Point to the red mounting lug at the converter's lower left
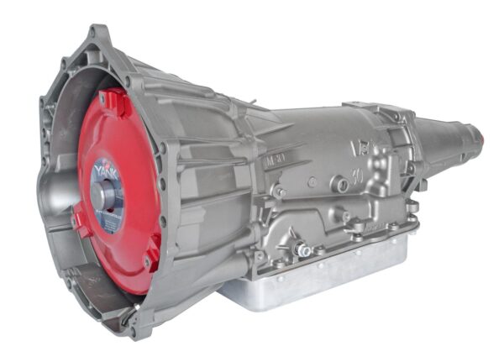click(x=80, y=223)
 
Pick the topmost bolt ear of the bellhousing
click(x=98, y=34)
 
